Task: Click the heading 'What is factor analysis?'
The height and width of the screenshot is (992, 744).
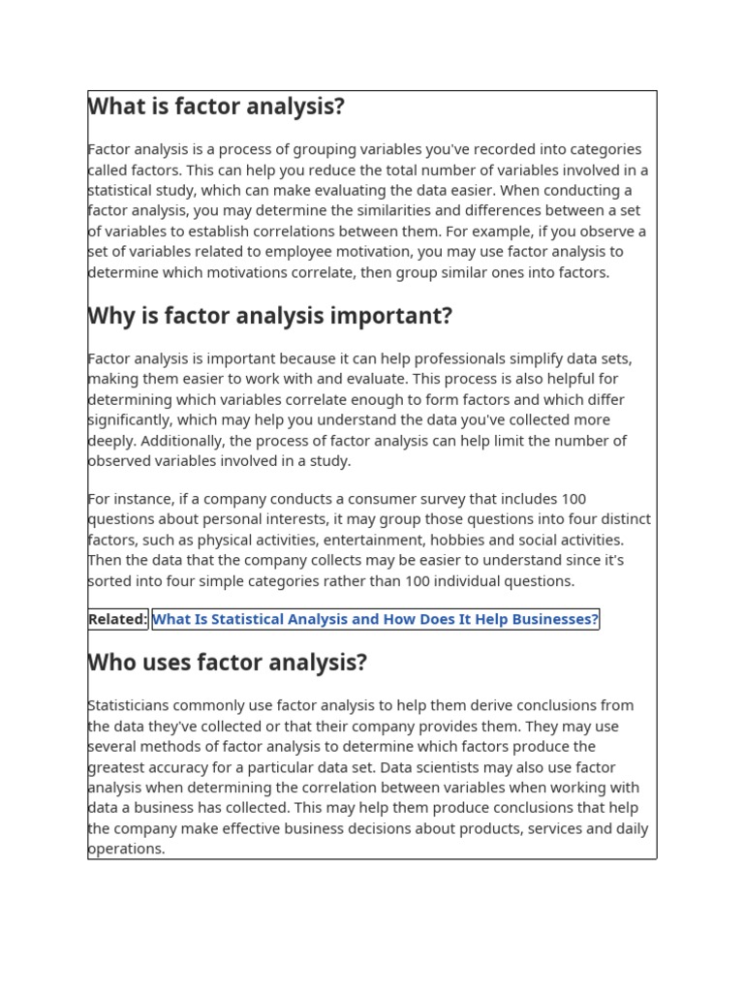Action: click(216, 107)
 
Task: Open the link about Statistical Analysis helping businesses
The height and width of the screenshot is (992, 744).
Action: click(375, 619)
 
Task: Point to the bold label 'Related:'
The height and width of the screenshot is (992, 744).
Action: click(117, 619)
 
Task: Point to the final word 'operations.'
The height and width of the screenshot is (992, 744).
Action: click(127, 849)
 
